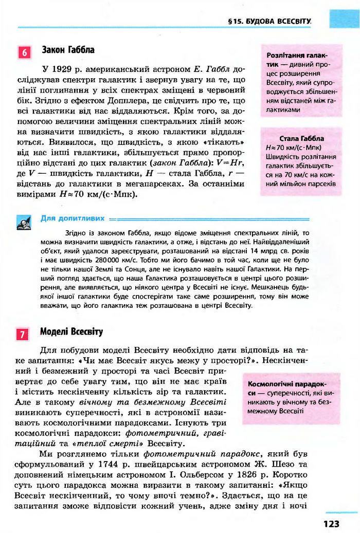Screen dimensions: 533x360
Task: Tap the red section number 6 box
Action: click(x=24, y=52)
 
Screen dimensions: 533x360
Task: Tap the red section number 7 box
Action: click(x=24, y=335)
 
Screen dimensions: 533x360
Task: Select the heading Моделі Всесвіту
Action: click(x=71, y=332)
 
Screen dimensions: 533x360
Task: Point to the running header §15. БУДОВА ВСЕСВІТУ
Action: click(x=270, y=22)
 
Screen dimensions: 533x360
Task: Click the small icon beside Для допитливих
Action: click(x=24, y=222)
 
